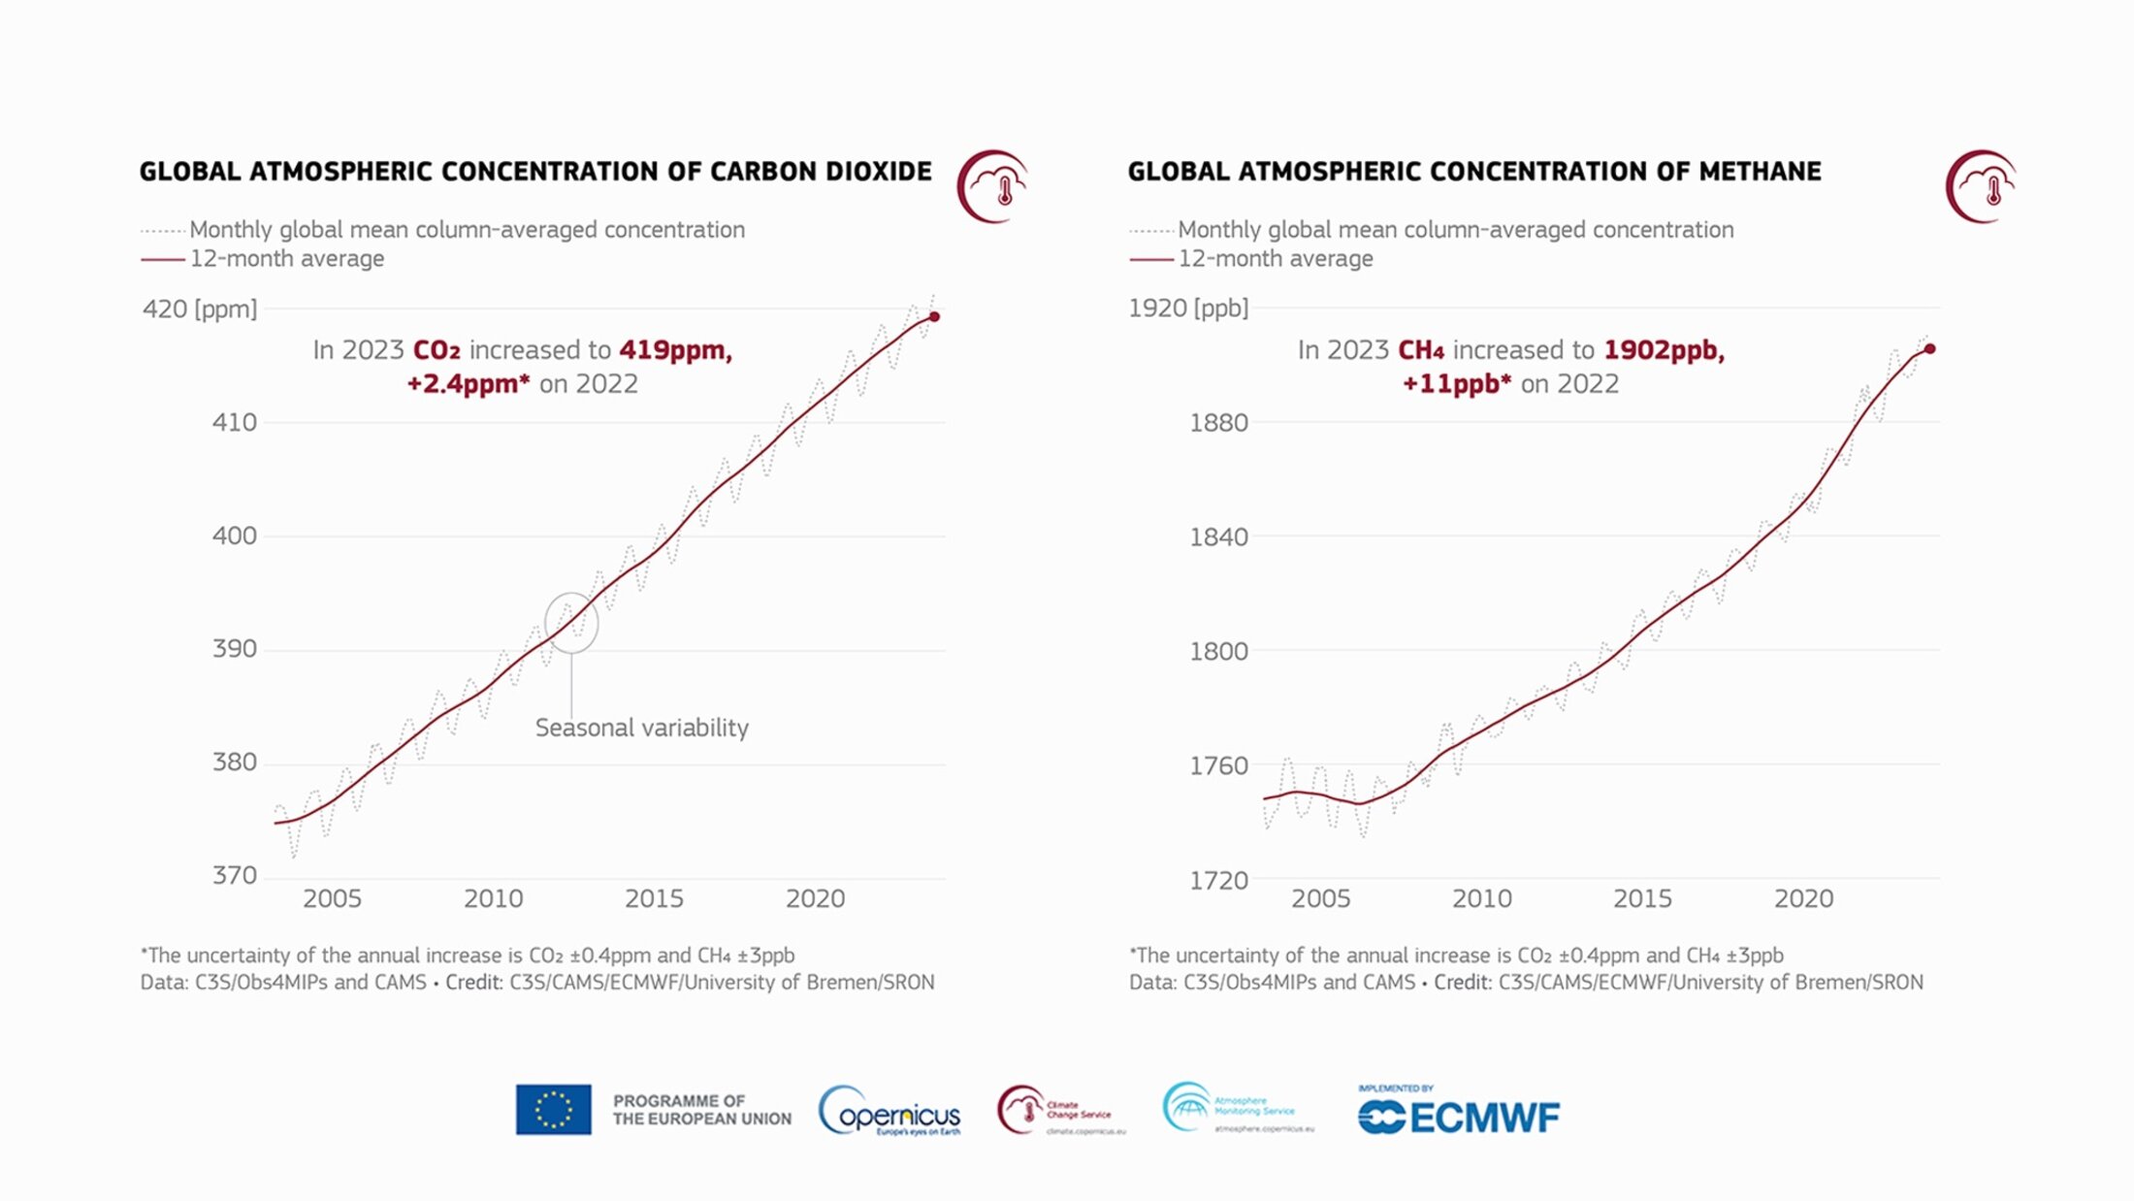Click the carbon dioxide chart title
tap(535, 172)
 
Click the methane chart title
tap(1473, 172)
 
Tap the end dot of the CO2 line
tap(934, 316)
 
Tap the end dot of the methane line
tap(1930, 348)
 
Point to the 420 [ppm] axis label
tap(200, 309)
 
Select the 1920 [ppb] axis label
tap(1187, 308)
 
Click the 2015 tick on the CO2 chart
tap(654, 899)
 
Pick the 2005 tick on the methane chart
tap(1320, 899)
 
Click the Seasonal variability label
tap(641, 728)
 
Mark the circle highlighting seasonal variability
tap(571, 623)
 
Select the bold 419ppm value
tap(675, 349)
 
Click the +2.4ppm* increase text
tap(469, 384)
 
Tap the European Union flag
tap(553, 1110)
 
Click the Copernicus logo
tap(890, 1112)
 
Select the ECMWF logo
tap(1459, 1114)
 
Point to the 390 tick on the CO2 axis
tap(235, 649)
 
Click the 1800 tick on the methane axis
tap(1218, 651)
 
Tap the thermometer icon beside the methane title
tap(1981, 186)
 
